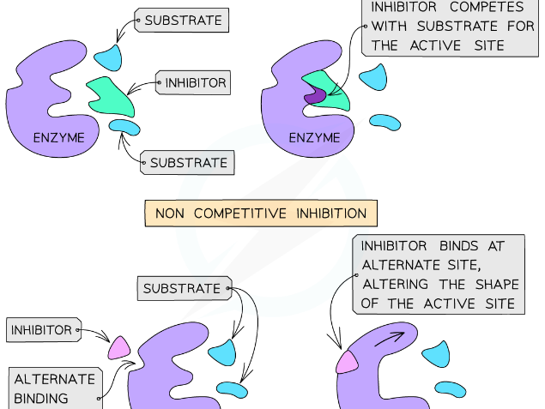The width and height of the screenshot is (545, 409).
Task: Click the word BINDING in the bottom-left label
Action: point(41,399)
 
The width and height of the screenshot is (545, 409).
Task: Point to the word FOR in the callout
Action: point(519,27)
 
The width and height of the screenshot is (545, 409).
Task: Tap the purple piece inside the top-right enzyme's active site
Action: point(313,96)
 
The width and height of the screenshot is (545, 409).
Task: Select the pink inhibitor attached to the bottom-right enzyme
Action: point(347,362)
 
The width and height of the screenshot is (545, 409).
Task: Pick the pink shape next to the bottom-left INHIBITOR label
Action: point(118,346)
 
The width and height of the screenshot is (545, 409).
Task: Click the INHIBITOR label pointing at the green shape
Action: point(195,83)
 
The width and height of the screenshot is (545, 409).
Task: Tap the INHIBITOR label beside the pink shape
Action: point(41,329)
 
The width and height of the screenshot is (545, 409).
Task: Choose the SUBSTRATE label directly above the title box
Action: point(188,162)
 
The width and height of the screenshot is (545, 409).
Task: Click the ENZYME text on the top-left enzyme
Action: point(59,137)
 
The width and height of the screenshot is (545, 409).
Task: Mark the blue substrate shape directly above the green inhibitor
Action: point(108,57)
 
